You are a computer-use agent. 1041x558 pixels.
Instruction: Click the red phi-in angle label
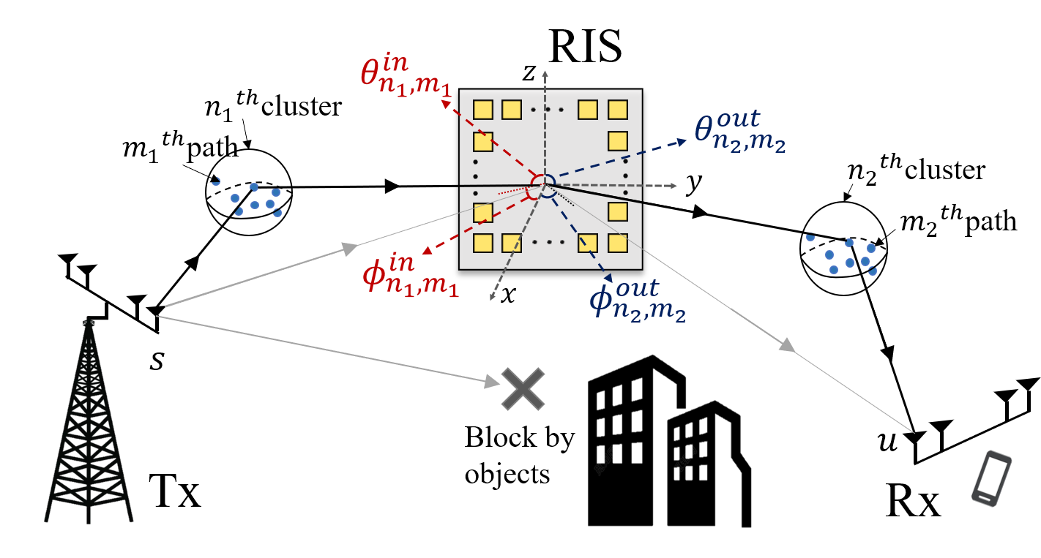[410, 275]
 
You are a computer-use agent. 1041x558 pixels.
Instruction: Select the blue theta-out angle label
[739, 132]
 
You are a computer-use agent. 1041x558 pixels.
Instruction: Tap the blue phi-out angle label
[637, 300]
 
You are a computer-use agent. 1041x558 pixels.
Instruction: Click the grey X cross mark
[523, 388]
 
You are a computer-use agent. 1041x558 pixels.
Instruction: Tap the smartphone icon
[991, 478]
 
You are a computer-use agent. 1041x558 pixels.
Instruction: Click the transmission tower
[89, 424]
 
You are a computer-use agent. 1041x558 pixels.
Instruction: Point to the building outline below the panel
[670, 439]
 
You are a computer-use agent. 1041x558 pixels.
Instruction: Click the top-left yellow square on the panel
[482, 110]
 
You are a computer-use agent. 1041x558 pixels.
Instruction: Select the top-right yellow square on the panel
[618, 110]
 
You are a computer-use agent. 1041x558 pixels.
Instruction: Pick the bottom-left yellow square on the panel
[482, 243]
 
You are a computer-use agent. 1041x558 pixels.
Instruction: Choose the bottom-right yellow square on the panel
[618, 243]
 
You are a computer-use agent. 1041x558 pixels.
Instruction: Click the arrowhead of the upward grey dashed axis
[545, 74]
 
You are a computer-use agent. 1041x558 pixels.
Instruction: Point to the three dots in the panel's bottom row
[548, 242]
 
